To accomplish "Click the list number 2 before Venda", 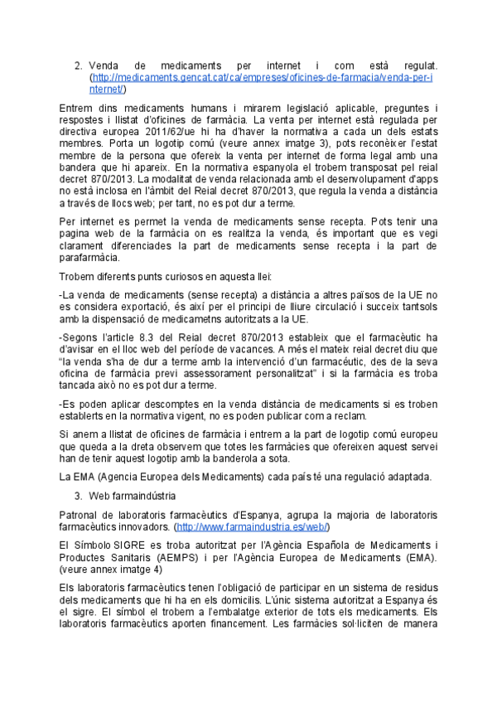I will tap(78, 65).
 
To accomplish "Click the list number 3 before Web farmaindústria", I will tap(78, 496).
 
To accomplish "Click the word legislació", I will tap(263, 108).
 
